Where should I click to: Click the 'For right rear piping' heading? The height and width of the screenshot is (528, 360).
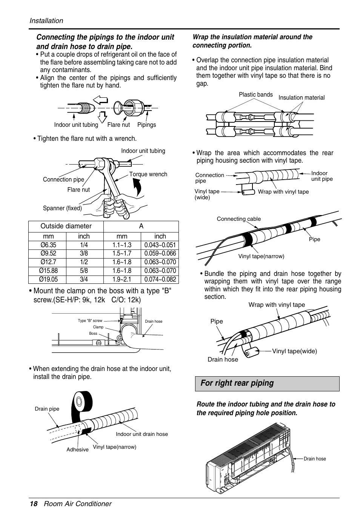237,383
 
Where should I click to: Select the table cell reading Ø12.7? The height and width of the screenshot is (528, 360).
48,262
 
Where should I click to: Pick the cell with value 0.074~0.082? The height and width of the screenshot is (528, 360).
160,279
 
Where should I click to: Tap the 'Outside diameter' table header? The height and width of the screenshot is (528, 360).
66,226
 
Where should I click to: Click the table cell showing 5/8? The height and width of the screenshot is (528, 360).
84,271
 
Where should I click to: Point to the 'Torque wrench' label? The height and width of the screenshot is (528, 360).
148,174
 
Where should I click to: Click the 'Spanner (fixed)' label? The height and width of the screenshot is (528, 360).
62,208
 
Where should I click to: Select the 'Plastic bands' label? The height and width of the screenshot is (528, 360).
255,94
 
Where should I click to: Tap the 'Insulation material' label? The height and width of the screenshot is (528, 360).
301,97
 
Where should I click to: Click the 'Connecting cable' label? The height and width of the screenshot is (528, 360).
238,219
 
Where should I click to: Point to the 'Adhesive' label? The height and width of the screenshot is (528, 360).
77,449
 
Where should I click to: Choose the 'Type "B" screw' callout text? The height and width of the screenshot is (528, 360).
90,320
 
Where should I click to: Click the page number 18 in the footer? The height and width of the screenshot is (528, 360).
34,504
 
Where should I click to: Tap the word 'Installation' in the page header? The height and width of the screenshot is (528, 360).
46,21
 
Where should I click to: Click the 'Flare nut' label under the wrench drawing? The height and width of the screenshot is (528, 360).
78,189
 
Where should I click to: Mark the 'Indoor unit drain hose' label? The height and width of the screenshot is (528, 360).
142,434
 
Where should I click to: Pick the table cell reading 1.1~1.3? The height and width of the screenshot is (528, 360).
122,245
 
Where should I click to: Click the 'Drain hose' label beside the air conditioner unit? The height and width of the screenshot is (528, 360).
315,459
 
